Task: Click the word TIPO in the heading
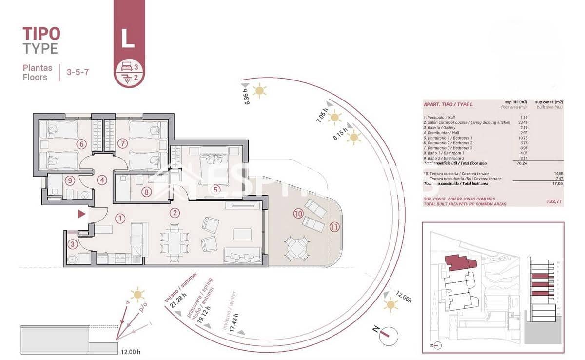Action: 41,34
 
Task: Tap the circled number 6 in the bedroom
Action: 81,144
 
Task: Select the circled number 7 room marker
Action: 122,143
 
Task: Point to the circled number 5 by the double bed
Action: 216,189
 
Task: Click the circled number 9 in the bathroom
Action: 71,180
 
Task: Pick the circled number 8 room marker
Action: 146,192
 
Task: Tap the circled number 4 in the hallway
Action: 101,180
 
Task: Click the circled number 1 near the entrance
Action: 120,219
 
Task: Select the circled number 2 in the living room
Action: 175,213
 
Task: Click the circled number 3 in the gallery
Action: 73,244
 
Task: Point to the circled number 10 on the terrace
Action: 298,213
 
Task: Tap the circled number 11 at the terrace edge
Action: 334,226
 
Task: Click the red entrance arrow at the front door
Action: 82,214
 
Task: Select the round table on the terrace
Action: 295,249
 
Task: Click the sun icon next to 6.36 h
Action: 259,90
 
